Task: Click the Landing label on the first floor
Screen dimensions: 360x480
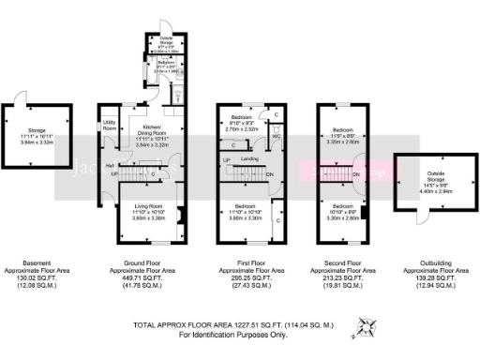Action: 249,158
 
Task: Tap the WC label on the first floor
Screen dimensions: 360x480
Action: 277,136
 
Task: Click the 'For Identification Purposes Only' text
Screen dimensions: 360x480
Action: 232,335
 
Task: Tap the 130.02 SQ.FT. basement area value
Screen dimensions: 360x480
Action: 38,278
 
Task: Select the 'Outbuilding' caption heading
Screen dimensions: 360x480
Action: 433,263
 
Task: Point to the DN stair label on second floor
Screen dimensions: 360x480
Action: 357,175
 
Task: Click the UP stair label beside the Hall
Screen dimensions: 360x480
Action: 114,173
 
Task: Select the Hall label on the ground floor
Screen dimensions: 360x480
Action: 110,164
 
